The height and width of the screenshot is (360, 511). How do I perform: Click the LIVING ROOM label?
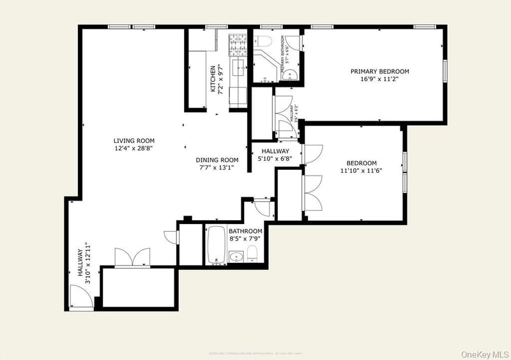pos(134,141)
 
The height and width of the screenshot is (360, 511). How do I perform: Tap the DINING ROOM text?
pos(217,160)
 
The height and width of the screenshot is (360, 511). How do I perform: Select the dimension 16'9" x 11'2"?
pos(379,80)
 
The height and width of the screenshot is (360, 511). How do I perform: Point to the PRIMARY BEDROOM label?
pos(379,71)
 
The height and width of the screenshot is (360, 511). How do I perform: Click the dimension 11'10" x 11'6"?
pos(362,171)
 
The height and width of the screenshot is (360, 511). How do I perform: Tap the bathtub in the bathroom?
pos(217,244)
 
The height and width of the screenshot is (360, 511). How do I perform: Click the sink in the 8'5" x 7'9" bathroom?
pos(236,257)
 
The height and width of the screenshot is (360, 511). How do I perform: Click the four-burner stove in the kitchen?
pos(239,45)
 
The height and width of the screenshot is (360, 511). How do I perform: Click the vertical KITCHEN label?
pos(213,79)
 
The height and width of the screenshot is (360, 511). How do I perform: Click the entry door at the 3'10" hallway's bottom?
pos(80,297)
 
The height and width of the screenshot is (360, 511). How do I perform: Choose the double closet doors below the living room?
pos(132,258)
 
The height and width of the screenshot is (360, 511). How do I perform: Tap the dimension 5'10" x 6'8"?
pos(275,160)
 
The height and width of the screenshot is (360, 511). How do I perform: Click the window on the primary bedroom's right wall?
pos(445,70)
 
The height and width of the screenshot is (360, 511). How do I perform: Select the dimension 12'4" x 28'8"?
pos(134,149)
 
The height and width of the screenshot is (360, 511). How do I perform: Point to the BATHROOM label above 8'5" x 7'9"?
pos(245,231)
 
